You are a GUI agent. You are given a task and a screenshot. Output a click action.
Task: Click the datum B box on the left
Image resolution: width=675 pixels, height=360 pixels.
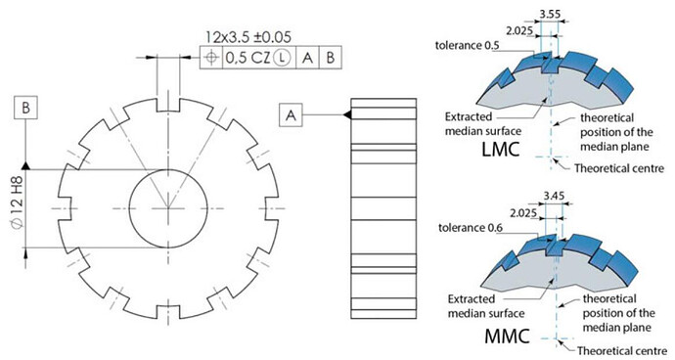click(25, 108)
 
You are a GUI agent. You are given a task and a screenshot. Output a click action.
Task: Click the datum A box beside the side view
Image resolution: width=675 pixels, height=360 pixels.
click(291, 114)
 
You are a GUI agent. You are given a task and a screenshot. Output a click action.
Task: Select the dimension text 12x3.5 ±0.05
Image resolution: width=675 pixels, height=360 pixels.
click(247, 37)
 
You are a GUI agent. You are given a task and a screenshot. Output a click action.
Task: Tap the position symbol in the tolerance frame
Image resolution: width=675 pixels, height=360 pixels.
click(211, 58)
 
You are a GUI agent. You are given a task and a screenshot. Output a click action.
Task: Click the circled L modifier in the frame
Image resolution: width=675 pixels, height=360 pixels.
click(282, 58)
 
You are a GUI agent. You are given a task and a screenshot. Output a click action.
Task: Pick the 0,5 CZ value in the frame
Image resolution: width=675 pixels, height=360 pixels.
click(247, 58)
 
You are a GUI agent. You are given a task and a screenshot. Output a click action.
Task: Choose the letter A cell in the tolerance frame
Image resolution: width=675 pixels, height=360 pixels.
click(307, 58)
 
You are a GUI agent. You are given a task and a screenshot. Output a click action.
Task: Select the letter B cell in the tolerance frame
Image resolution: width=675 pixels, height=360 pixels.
click(331, 58)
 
